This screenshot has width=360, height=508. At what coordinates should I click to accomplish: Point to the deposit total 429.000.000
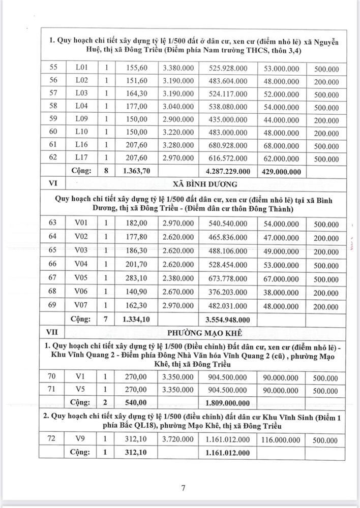pyautogui.click(x=283, y=172)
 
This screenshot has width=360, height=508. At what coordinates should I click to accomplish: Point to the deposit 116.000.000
pyautogui.click(x=283, y=438)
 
